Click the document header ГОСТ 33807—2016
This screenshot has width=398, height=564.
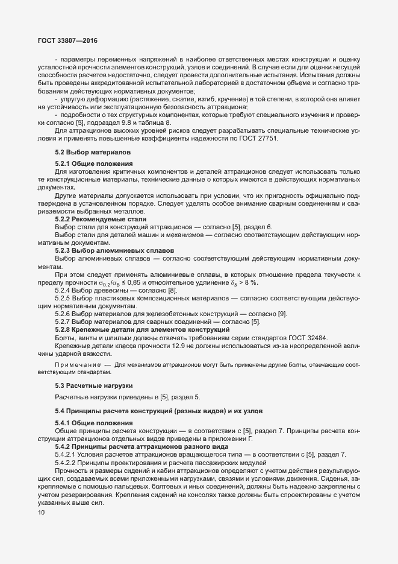pyautogui.click(x=67, y=40)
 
